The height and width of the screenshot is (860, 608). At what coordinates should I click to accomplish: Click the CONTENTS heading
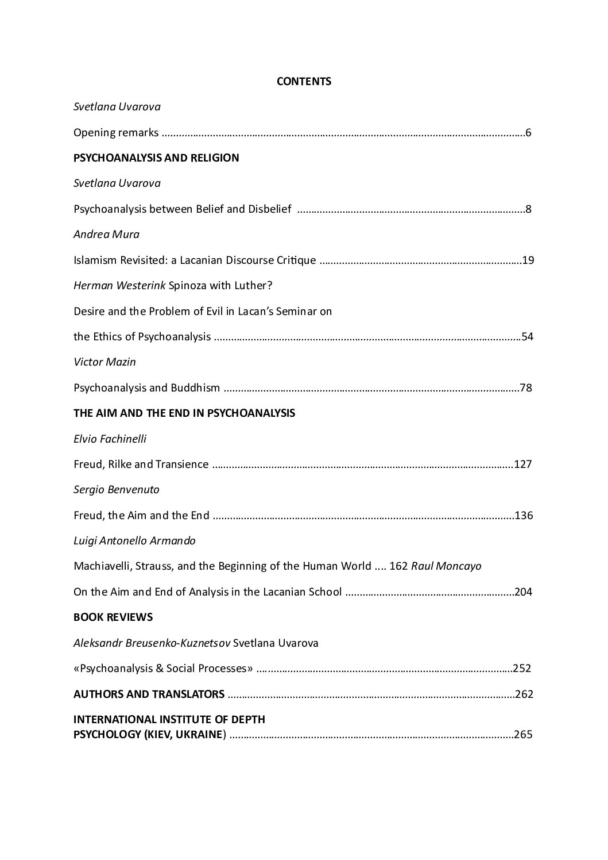(304, 82)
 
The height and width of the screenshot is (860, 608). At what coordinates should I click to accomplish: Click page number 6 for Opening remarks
(528, 133)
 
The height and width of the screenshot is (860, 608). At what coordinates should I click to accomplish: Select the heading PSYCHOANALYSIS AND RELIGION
(156, 158)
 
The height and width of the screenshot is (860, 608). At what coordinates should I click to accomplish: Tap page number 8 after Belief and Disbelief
(528, 209)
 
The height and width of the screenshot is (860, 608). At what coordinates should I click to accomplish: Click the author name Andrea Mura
(106, 235)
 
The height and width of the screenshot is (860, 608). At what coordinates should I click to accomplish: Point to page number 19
(528, 260)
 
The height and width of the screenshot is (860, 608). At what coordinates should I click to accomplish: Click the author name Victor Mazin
(104, 362)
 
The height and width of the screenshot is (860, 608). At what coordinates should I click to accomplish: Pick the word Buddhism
(195, 388)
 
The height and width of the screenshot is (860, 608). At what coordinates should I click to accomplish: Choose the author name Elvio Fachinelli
(110, 439)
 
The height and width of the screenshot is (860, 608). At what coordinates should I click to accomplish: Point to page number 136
(524, 516)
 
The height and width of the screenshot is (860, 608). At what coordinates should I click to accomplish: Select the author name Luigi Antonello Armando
(134, 541)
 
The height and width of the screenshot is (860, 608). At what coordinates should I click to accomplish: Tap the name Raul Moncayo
(446, 566)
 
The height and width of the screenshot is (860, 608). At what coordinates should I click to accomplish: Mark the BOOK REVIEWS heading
(113, 617)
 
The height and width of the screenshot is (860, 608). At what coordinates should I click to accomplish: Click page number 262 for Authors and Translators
(524, 694)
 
